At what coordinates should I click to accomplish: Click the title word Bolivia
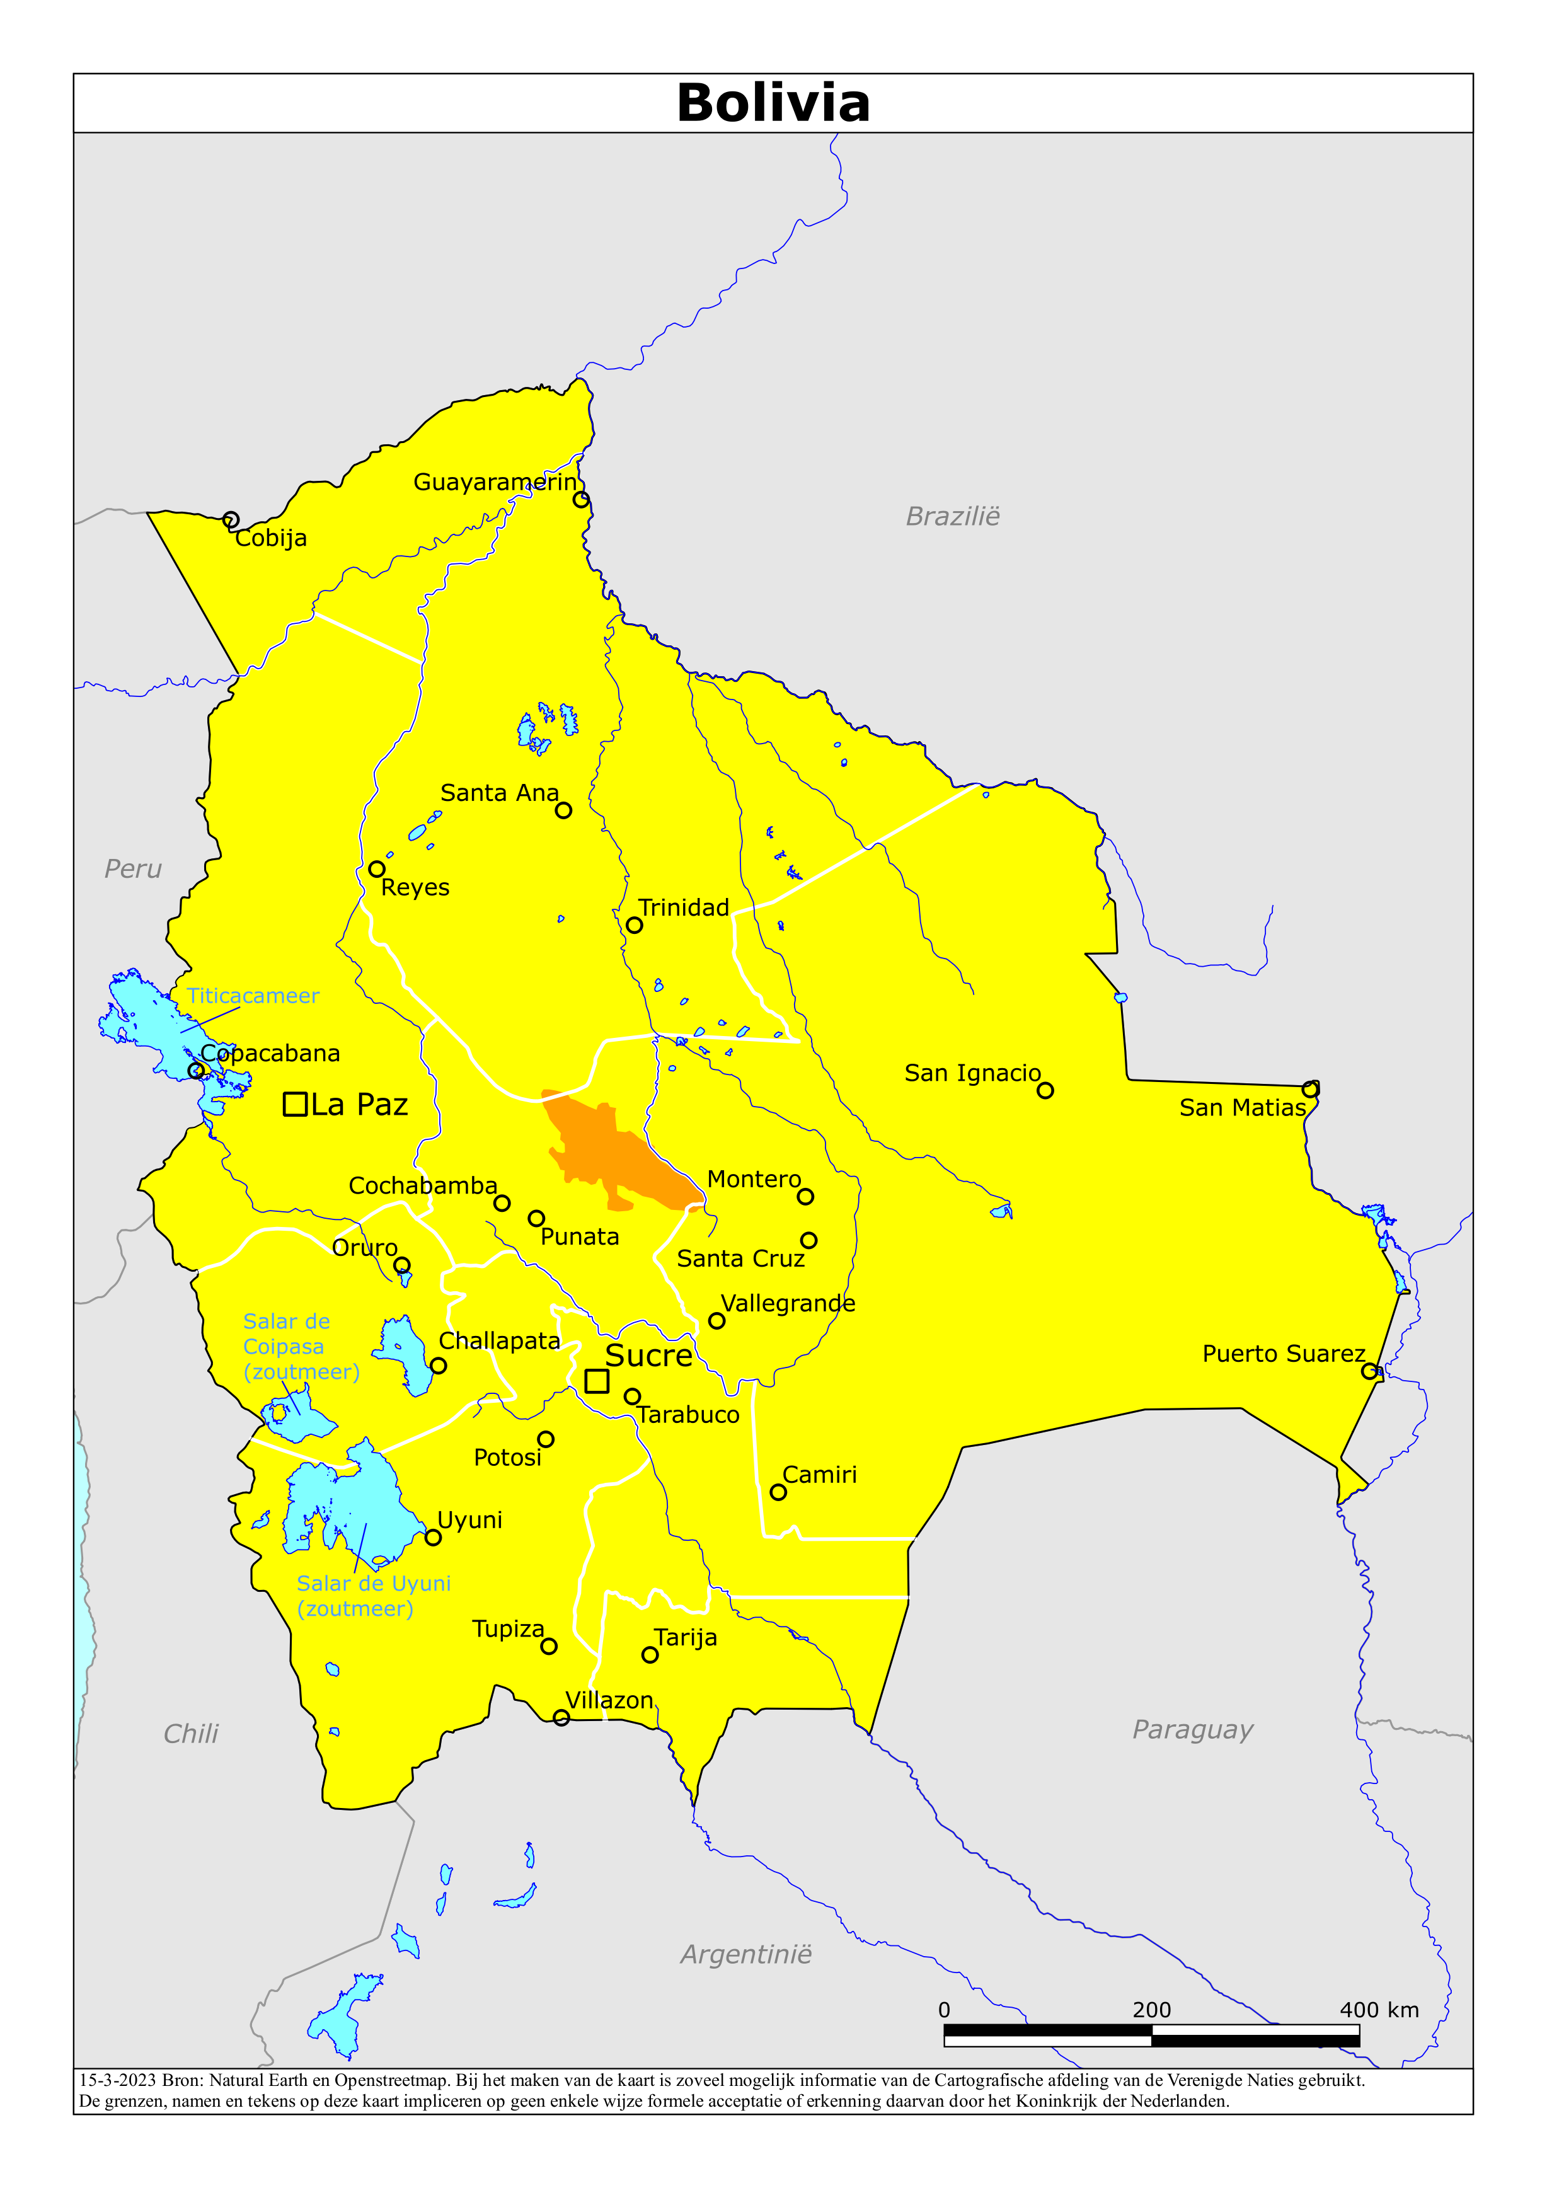click(773, 103)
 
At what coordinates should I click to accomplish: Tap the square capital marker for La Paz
click(296, 1105)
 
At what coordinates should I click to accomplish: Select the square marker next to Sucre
click(597, 1381)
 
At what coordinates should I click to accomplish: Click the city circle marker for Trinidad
click(634, 925)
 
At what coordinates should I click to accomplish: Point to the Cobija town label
click(271, 538)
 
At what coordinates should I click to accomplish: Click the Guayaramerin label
click(495, 482)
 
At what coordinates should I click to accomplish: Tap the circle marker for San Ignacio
click(1045, 1090)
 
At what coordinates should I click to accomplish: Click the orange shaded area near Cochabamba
click(610, 1148)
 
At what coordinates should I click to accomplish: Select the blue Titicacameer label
click(253, 996)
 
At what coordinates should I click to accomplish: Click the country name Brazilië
click(952, 517)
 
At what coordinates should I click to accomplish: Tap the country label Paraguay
click(1192, 1730)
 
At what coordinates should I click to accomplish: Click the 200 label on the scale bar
click(1151, 2010)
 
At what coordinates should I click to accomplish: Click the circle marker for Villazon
click(561, 1717)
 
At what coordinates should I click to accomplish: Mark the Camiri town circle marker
click(778, 1492)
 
